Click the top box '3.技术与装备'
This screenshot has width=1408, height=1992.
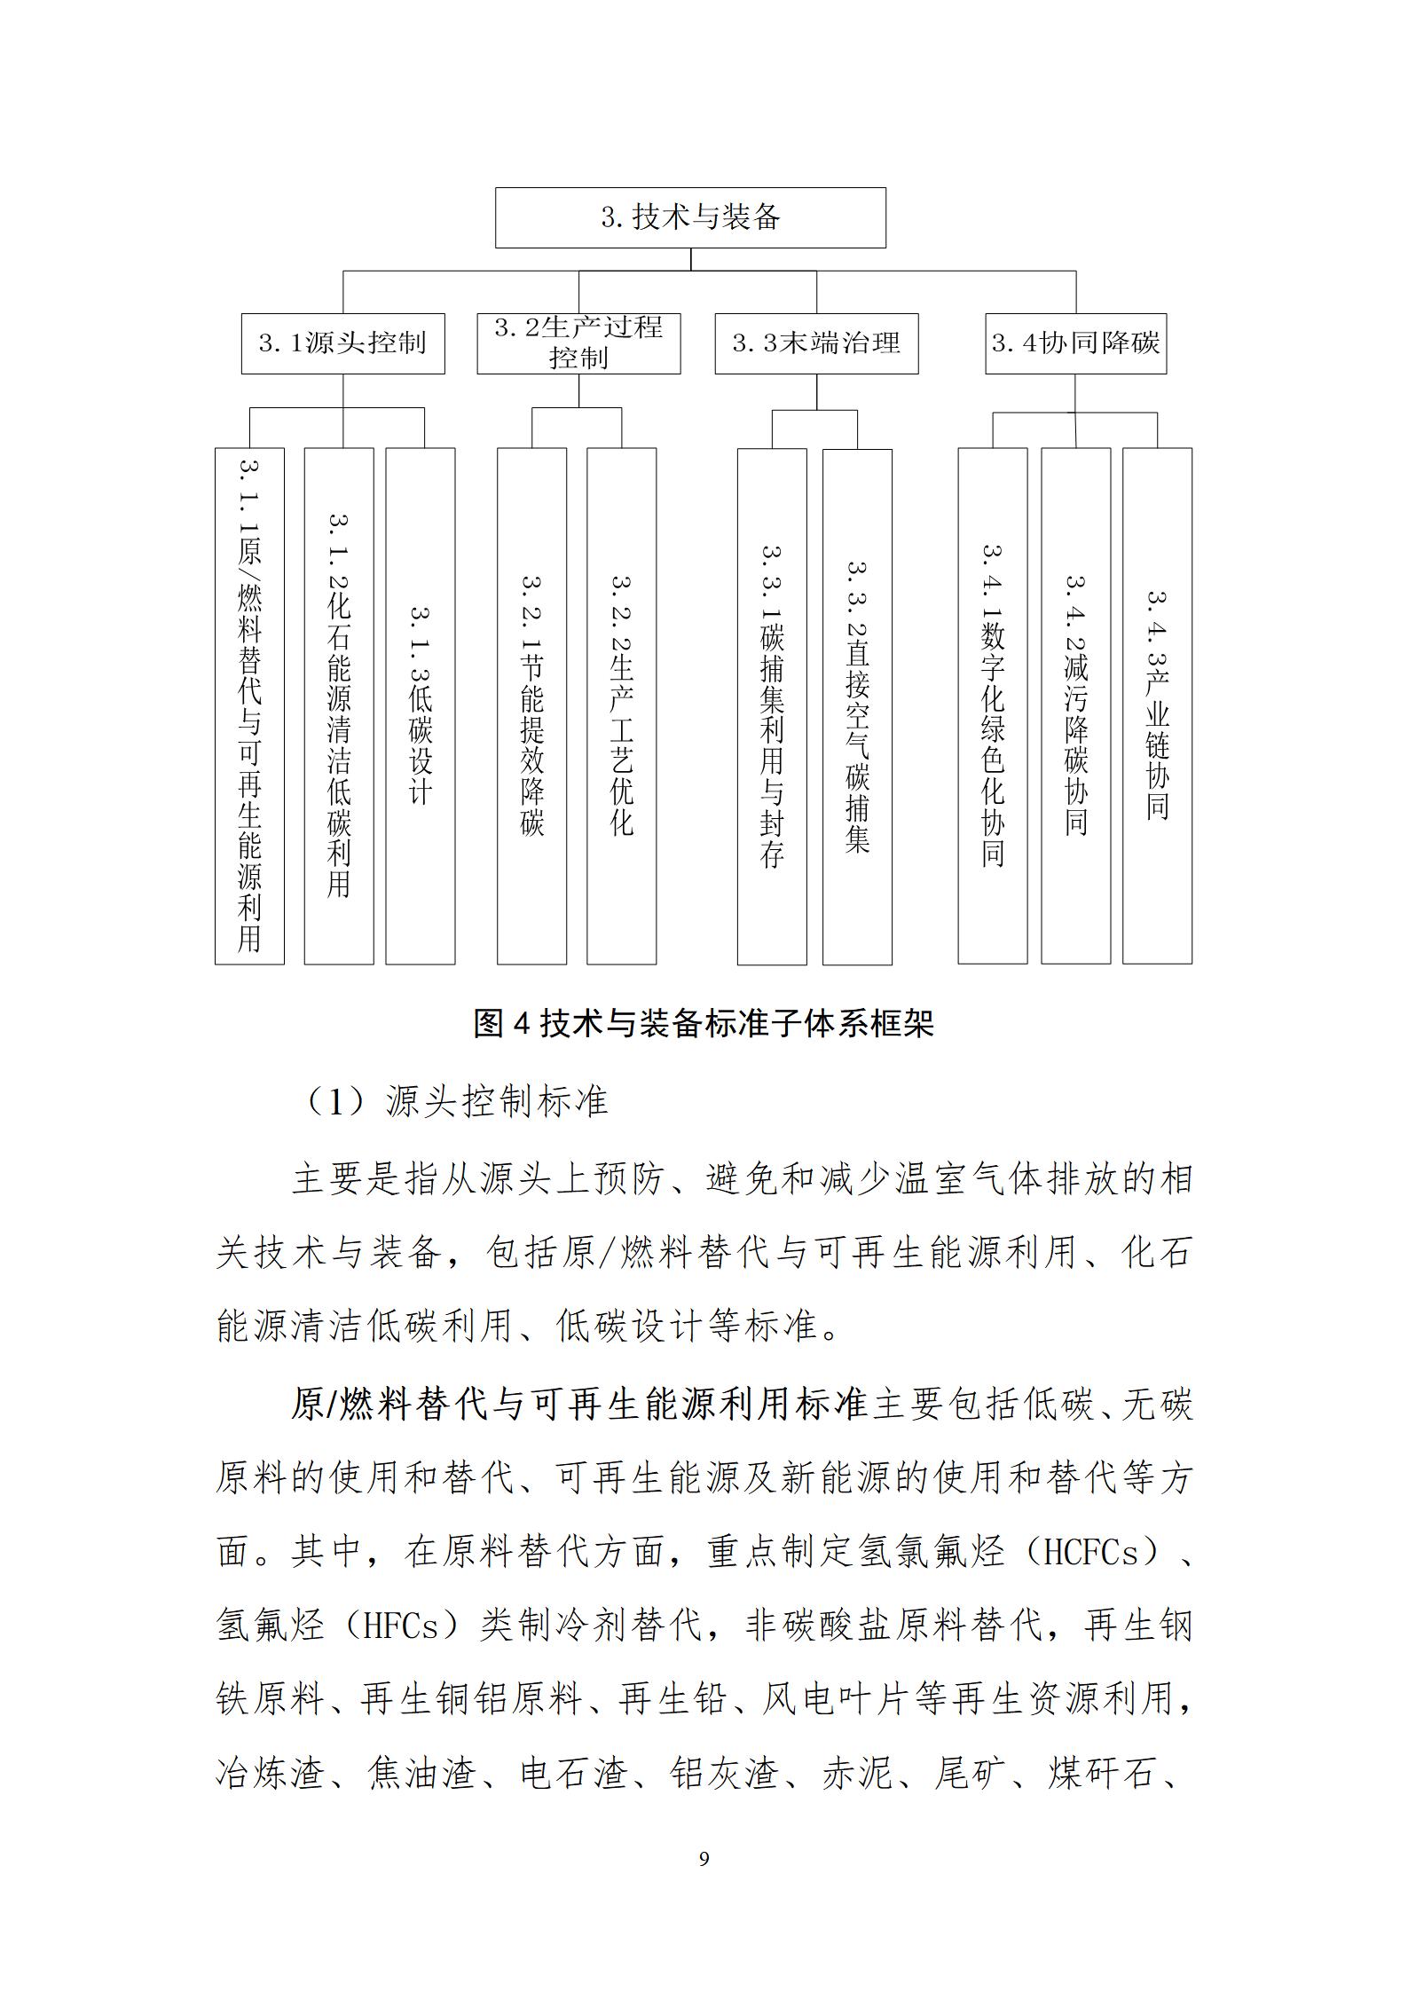pos(690,217)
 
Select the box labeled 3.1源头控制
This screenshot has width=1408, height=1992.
pos(342,343)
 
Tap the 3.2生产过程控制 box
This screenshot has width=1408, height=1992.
pos(578,343)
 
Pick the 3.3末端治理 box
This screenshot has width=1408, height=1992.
pos(816,343)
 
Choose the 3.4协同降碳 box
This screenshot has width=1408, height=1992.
pos(1075,343)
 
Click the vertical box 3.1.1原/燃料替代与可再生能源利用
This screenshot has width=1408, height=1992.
pos(249,705)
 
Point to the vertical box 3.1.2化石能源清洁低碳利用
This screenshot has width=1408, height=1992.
pos(339,705)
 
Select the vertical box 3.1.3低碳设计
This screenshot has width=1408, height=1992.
pos(421,705)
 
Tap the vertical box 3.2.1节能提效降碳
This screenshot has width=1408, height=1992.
pos(531,705)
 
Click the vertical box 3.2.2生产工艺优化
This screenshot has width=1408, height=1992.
pos(622,705)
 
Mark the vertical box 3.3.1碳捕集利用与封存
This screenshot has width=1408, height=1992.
pos(772,705)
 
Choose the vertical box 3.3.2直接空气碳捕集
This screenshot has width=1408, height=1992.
pos(857,705)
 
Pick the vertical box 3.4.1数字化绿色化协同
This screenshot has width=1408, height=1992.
pos(993,705)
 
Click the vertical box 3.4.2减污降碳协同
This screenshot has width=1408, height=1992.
pos(1075,705)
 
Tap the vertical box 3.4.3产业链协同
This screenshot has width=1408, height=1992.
pos(1157,705)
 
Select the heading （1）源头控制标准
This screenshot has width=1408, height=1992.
pos(457,1102)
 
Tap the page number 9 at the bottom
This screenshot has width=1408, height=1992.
pos(704,1857)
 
